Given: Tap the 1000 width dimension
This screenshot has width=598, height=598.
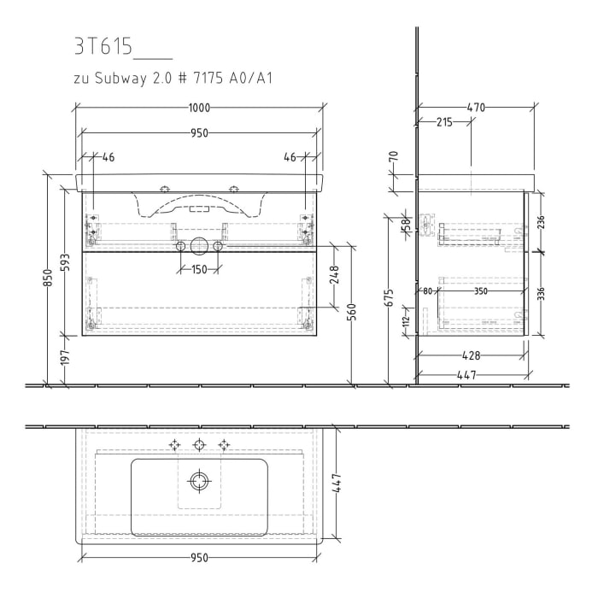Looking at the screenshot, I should pos(199,108).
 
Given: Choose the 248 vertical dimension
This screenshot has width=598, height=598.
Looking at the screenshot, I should pos(335,275).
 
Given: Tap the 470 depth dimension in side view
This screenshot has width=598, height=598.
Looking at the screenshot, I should pos(476,108).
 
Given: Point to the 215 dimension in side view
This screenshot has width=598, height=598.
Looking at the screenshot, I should pos(443,123).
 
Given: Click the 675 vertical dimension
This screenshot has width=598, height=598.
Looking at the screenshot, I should pos(390,296).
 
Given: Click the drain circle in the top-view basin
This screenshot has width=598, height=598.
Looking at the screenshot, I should pos(199,482).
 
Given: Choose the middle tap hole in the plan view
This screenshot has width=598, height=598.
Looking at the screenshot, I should pos(199,444).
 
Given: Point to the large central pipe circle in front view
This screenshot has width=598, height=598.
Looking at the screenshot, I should pos(198,247).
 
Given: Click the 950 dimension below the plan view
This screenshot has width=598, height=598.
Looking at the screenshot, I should pos(198,557).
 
